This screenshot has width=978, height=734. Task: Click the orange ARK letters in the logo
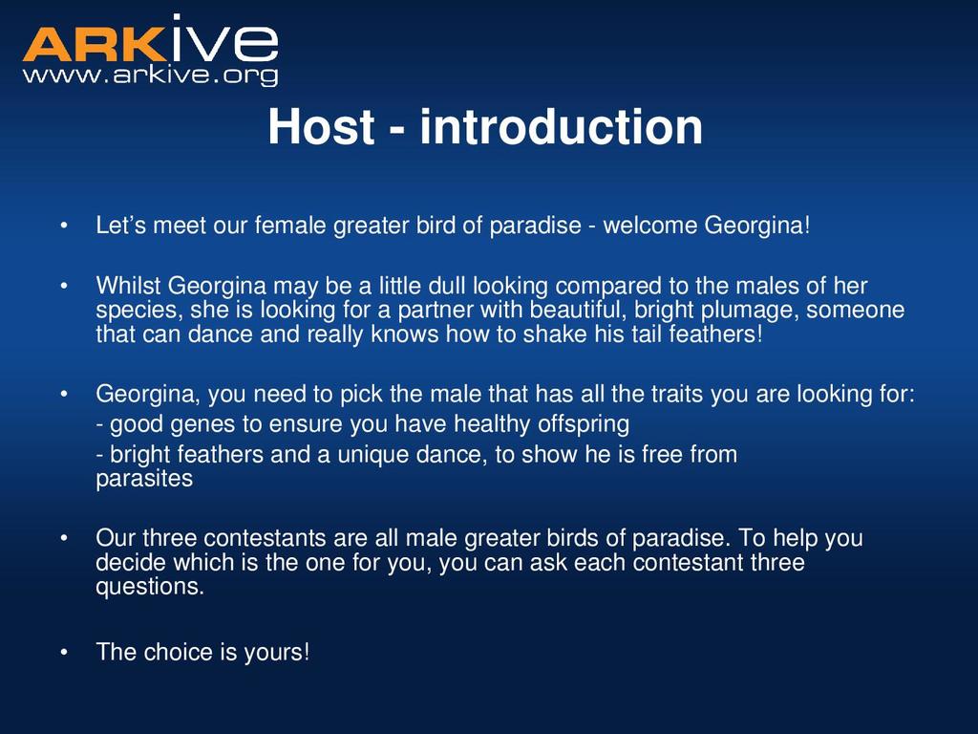pos(96,44)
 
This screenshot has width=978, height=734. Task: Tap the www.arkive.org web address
pos(150,75)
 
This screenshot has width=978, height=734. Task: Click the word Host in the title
pos(321,127)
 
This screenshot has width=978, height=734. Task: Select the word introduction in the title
pos(562,127)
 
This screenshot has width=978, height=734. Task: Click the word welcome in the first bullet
pos(649,226)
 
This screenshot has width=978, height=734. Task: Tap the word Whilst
pos(128,286)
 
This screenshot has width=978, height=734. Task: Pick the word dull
pos(447,286)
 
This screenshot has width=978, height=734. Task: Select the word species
pos(139,311)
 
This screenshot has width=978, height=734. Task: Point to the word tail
pos(647,334)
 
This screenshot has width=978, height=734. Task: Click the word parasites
pos(144,479)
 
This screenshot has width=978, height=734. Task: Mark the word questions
pos(150,587)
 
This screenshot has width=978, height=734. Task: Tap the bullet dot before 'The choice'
pos(64,653)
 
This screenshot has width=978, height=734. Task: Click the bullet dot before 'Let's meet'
pos(64,226)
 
